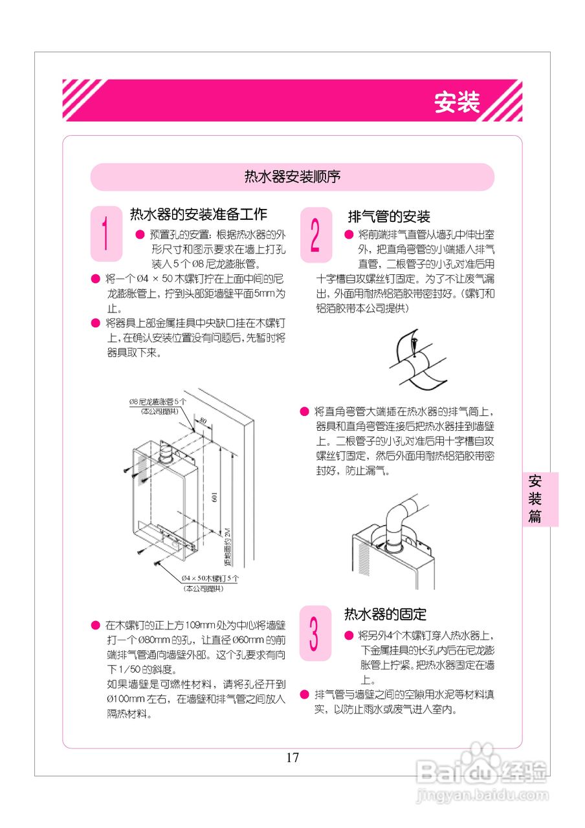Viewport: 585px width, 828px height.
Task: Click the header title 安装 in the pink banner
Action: click(x=457, y=102)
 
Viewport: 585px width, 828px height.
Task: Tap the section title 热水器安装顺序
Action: click(x=292, y=177)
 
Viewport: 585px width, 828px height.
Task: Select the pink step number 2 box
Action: click(x=316, y=235)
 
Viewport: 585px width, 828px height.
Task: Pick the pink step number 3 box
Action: click(x=315, y=633)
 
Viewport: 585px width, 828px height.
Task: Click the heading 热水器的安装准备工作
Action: click(x=199, y=214)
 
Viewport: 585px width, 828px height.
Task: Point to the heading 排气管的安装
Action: click(x=389, y=217)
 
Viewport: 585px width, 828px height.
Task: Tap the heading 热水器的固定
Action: click(x=385, y=614)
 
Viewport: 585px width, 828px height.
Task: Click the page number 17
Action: click(x=292, y=757)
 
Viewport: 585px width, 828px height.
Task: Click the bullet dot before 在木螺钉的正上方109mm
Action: click(x=95, y=626)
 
